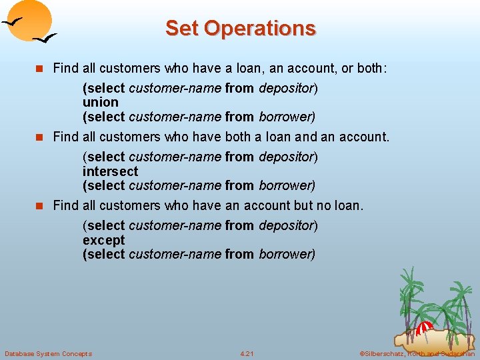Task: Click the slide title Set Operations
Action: coord(240,28)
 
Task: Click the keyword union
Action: coord(101,102)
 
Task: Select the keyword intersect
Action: coord(111,171)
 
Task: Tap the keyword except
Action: coord(104,240)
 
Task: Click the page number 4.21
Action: coord(247,353)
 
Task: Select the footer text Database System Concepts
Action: coord(48,353)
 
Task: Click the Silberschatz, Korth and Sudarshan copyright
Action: coord(417,353)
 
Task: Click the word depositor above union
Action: coord(287,88)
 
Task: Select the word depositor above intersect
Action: coord(287,157)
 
